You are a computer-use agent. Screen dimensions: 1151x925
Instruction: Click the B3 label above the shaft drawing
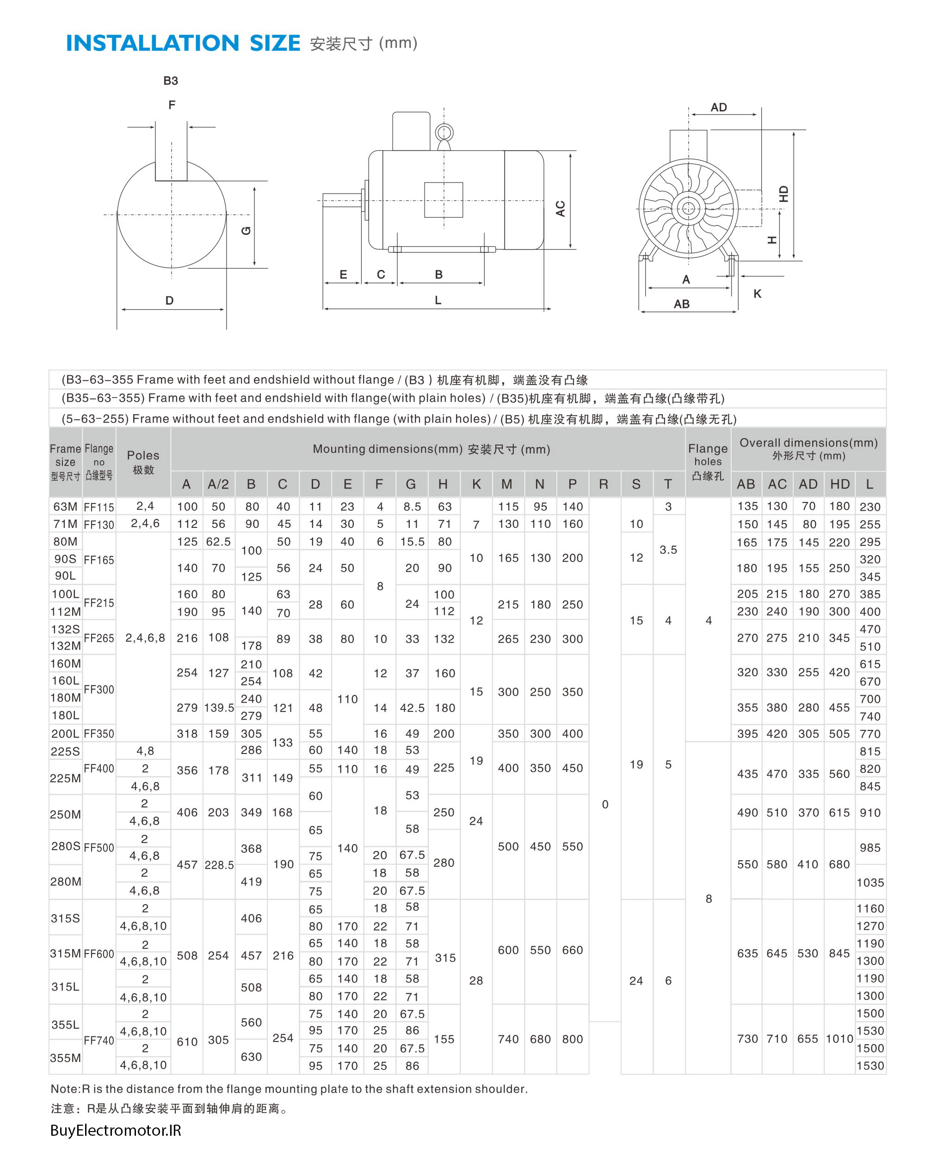tap(170, 80)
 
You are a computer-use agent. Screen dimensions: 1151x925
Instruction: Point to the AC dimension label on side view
tap(560, 209)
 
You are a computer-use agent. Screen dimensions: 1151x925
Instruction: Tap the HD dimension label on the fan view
tap(783, 193)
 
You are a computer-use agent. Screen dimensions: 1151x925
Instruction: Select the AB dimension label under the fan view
tap(681, 304)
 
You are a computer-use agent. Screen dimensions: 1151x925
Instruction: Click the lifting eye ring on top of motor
tap(444, 132)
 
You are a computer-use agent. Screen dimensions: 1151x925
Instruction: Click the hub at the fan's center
tap(688, 208)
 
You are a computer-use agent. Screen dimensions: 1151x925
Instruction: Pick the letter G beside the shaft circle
tap(246, 231)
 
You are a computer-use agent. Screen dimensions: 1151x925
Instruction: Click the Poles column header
tap(143, 461)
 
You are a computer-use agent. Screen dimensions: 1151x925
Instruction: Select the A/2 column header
tap(218, 484)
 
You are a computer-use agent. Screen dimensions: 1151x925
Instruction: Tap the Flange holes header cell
tap(708, 461)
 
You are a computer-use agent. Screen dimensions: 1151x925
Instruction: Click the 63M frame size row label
tap(65, 507)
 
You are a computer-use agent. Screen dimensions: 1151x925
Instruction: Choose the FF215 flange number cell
tap(99, 603)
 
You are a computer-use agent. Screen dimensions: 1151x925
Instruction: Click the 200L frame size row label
tap(65, 734)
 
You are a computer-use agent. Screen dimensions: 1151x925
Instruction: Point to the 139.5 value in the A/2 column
tap(219, 708)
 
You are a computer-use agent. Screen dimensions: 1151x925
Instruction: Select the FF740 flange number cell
tap(99, 1040)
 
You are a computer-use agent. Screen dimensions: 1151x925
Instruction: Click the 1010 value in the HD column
tap(839, 1038)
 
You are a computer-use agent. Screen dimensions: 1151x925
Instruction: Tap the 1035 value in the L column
tap(870, 882)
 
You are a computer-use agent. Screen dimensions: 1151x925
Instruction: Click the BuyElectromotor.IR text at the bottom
tap(115, 1130)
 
